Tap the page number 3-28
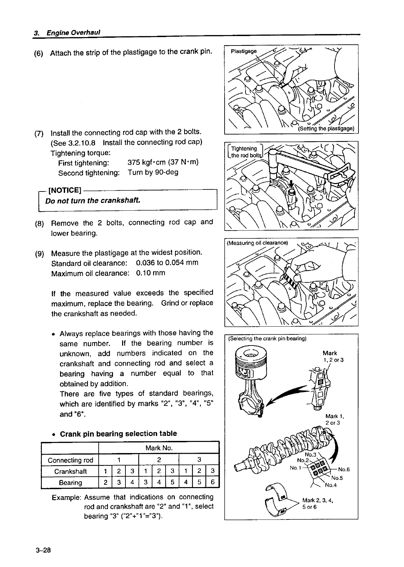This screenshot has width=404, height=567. tap(42, 551)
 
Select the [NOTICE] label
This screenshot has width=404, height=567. tap(65, 190)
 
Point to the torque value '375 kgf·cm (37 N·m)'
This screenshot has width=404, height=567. tap(163, 162)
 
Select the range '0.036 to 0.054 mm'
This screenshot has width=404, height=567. tap(167, 263)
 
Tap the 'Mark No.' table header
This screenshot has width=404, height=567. tap(159, 448)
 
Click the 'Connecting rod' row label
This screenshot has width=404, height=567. tap(70, 460)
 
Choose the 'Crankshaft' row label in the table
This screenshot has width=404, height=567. tap(70, 471)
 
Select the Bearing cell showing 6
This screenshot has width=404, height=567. tap(212, 482)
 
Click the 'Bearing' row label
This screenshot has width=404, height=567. tap(70, 482)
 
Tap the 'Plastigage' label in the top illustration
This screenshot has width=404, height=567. tap(243, 51)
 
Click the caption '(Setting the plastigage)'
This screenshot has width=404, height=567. tap(326, 129)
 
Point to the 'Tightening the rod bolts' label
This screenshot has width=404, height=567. tap(247, 152)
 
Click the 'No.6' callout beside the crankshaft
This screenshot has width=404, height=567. tap(344, 469)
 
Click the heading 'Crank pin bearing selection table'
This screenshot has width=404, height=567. tap(118, 434)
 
